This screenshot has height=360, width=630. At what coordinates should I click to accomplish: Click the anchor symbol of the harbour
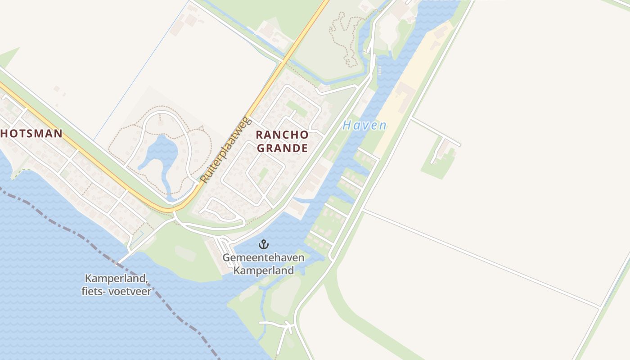pos(264,244)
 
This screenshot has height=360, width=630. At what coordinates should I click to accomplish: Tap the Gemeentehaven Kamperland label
pos(264,264)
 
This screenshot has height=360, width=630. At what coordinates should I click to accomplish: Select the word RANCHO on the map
pos(282,135)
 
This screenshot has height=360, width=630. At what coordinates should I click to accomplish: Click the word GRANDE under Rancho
pos(282,148)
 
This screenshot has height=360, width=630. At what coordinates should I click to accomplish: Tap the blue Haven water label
pos(364,126)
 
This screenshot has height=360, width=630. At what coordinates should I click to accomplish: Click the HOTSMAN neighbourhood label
pos(31,134)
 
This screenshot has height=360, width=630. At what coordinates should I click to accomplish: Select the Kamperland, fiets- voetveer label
pos(116,285)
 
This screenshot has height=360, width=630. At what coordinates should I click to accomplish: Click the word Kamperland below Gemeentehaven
pos(264,270)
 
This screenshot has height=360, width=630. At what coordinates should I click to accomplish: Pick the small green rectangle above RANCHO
pos(297,108)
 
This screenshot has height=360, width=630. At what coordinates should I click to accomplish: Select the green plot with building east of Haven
pos(439,157)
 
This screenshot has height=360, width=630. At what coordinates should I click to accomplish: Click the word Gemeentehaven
pos(264,258)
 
